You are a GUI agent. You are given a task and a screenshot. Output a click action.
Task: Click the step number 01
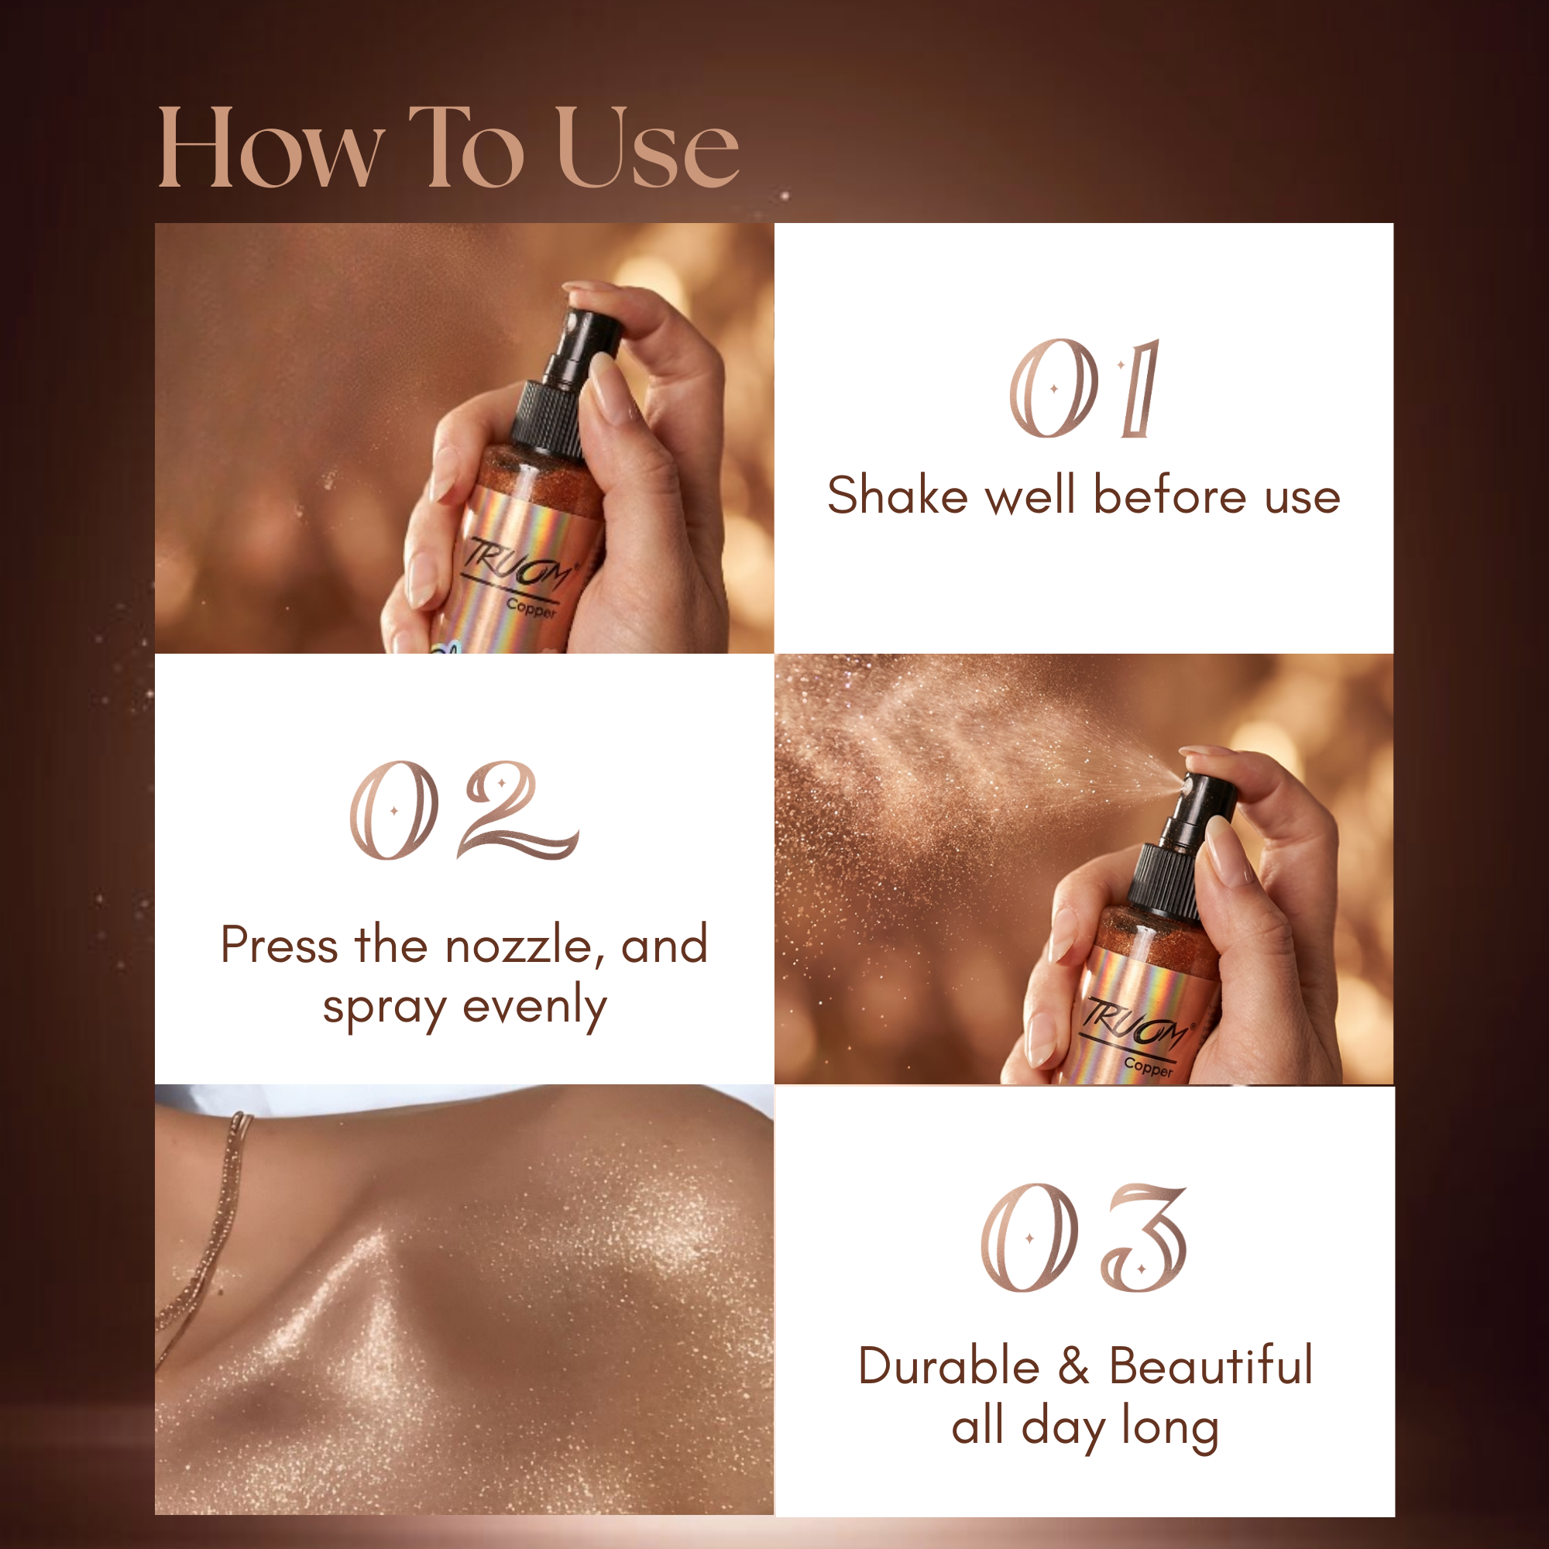click(1084, 388)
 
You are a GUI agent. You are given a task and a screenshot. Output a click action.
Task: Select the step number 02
click(463, 810)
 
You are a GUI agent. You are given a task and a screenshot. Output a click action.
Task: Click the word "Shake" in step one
click(897, 495)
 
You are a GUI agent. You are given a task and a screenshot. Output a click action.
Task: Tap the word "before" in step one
click(1170, 495)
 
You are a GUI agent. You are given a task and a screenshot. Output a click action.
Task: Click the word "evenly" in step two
click(534, 1008)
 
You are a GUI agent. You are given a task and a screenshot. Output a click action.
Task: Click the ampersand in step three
click(1073, 1366)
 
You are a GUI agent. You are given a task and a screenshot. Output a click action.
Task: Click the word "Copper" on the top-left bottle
click(531, 610)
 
